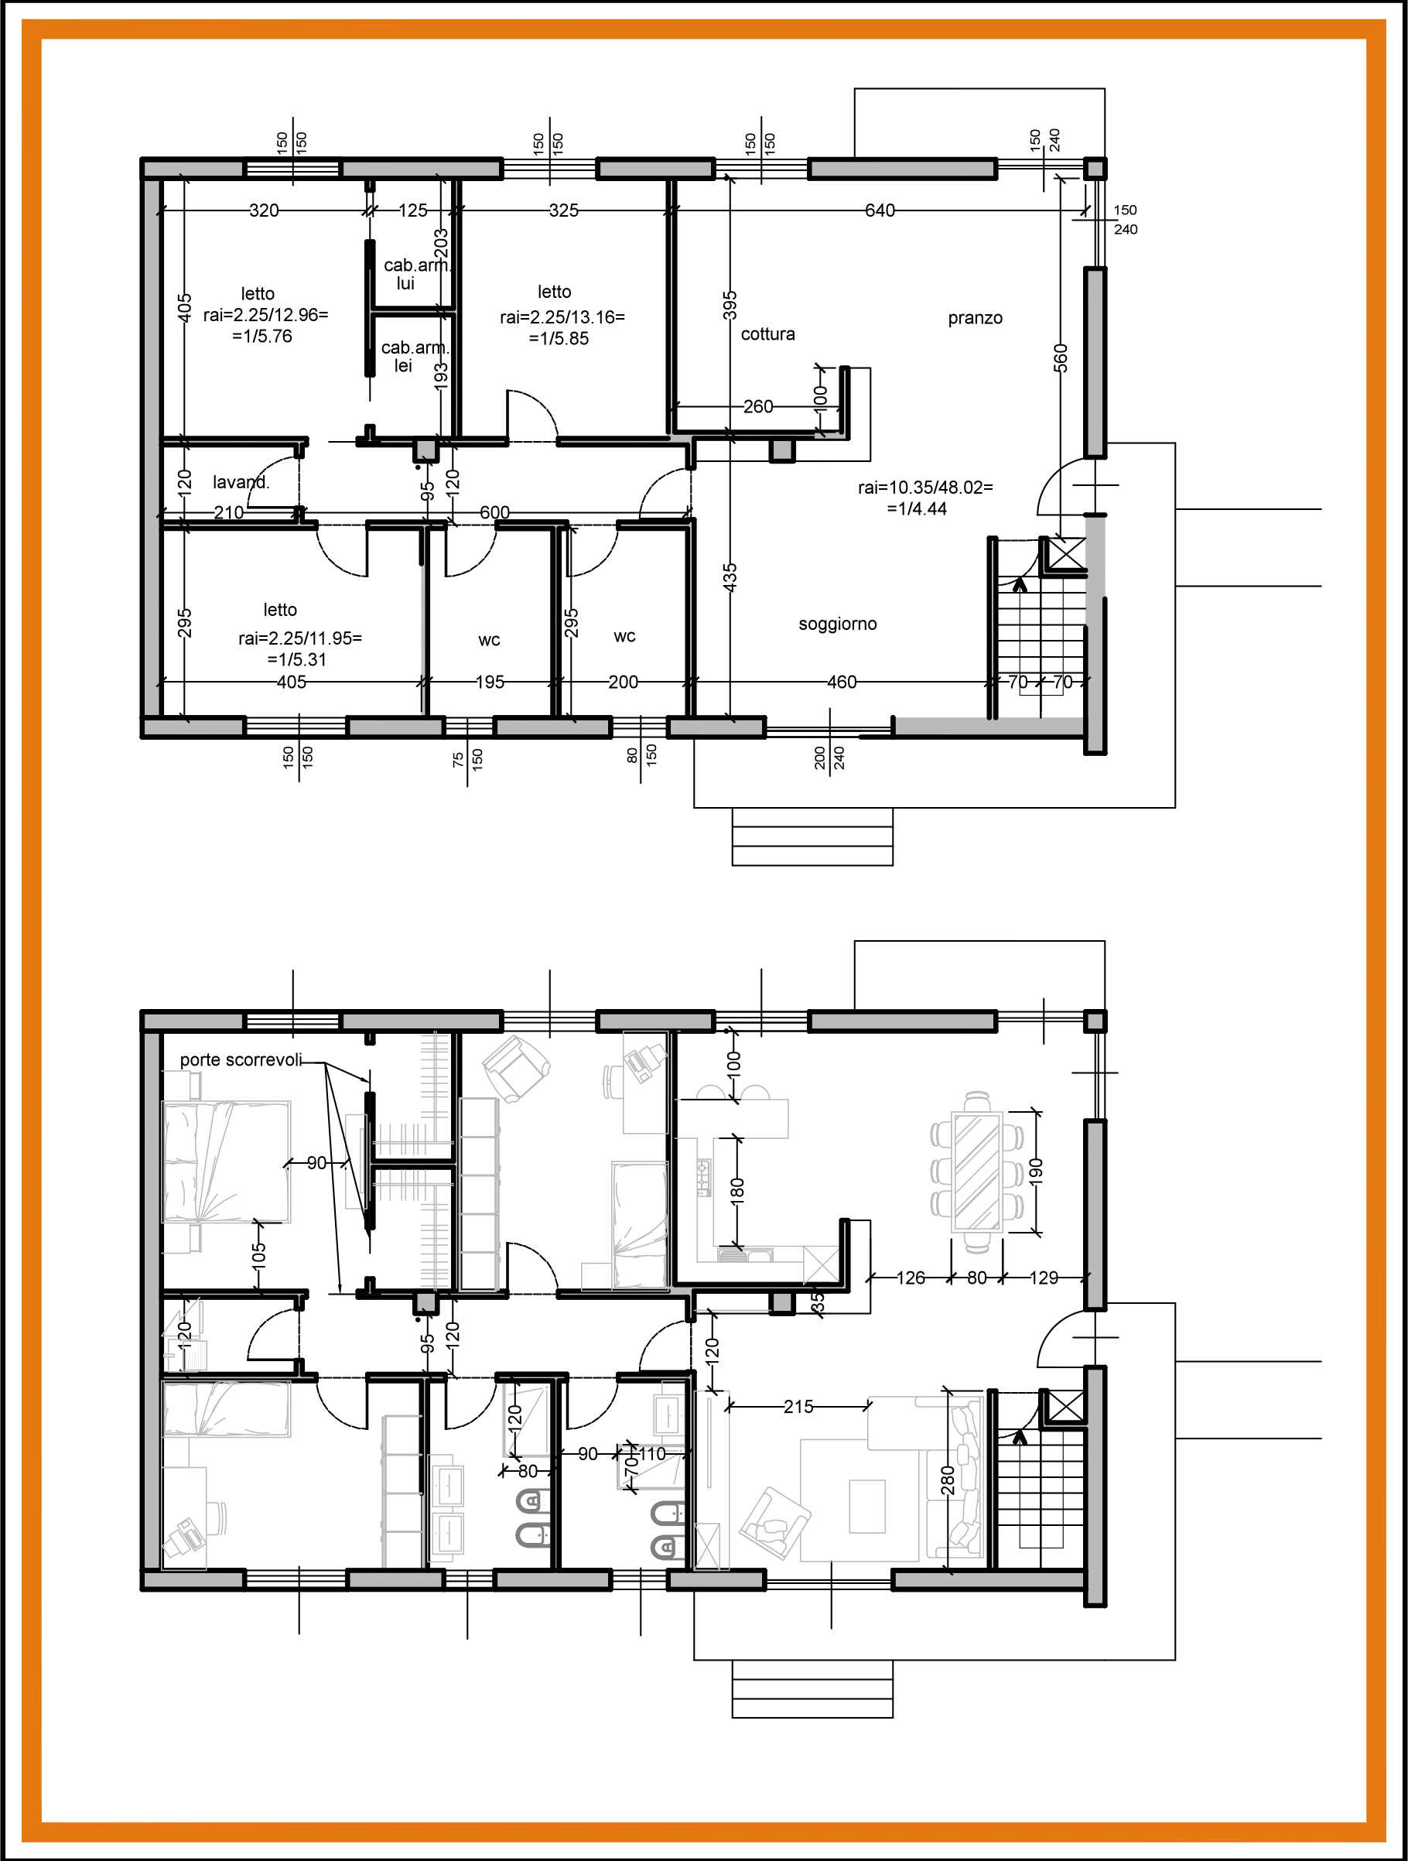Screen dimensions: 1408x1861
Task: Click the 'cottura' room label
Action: point(767,334)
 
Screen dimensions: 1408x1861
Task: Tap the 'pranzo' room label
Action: point(975,318)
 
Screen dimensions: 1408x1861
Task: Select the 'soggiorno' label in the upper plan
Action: point(837,624)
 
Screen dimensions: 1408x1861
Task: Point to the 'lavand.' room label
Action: point(241,482)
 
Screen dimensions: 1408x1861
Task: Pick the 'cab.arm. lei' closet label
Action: point(415,357)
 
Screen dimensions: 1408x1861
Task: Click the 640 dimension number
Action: point(880,210)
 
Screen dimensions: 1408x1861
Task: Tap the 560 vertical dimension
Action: point(1060,357)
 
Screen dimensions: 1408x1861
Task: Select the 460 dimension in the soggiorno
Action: point(841,682)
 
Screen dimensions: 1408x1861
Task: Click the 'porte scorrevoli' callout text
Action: point(241,1059)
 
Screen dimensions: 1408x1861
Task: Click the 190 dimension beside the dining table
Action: point(1035,1170)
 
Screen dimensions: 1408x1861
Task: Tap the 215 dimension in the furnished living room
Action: point(798,1406)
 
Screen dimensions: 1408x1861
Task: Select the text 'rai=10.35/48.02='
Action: point(925,487)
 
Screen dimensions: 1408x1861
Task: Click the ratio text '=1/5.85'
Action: point(559,338)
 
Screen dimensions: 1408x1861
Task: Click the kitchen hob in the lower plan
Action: point(703,1176)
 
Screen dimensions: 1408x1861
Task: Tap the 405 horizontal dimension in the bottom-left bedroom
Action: point(291,682)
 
